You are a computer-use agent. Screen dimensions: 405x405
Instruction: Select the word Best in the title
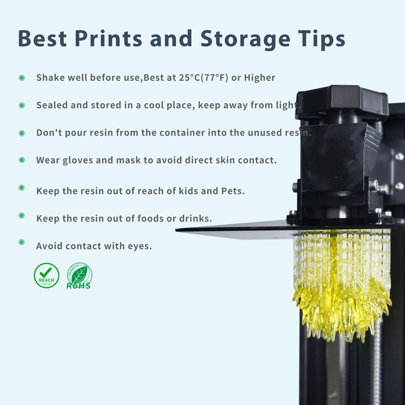click(x=42, y=39)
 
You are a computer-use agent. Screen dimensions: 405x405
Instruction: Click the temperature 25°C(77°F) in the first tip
click(x=204, y=78)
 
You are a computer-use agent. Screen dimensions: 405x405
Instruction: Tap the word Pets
click(x=233, y=191)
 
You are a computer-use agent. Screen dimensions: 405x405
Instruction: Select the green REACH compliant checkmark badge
click(x=46, y=276)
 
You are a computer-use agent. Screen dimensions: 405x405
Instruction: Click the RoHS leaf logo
click(x=79, y=276)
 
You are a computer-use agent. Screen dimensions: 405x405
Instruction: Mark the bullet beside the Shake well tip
click(x=22, y=78)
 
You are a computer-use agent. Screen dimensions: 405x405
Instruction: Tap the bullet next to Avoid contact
click(x=22, y=242)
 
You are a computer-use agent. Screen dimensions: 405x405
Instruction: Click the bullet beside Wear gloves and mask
click(x=22, y=160)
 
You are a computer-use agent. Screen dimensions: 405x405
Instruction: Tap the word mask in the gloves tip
click(x=128, y=160)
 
